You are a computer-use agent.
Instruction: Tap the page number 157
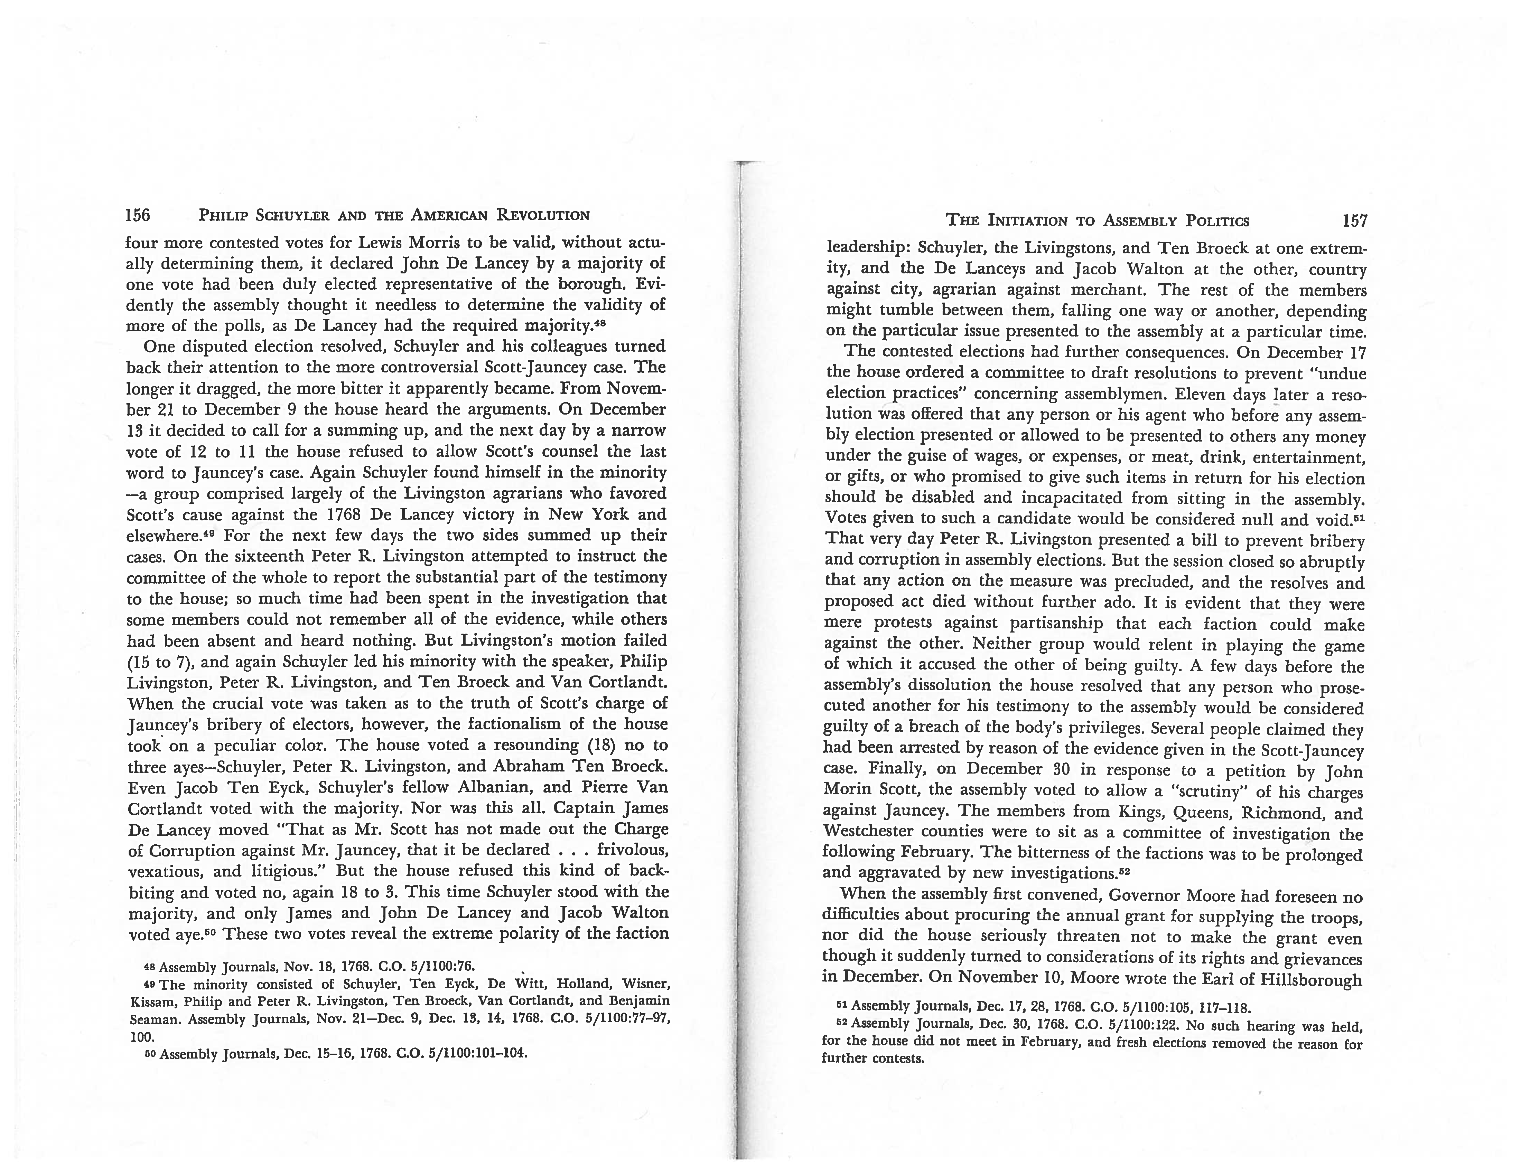(1355, 221)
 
